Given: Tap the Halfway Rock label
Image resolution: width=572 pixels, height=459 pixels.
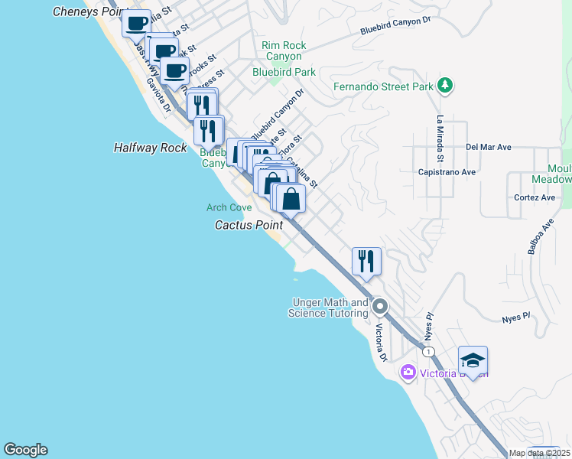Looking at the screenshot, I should pos(150,148).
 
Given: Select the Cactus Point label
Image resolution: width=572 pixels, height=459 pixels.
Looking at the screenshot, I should pos(249,225).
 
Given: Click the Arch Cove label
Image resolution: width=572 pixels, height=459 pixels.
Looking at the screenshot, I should pos(229,207).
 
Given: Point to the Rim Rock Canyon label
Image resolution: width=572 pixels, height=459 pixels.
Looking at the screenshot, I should pos(284,51).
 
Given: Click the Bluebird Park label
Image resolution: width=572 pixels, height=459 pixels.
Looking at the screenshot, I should pos(284,73).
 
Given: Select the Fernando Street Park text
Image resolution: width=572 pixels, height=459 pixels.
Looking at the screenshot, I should pos(383,86).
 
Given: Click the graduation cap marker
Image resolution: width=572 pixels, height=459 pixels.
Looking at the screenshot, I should pos(473,361).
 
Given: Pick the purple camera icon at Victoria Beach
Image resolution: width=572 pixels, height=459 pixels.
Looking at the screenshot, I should pos(408,373).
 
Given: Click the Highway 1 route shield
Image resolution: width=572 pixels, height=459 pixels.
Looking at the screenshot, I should pos(430,351).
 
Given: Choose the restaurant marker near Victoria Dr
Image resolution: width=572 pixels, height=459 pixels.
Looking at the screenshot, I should pos(366,261).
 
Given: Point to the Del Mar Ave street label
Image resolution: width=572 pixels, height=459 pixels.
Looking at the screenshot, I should pos(487,146).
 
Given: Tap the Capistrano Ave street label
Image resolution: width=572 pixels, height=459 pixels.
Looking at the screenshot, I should pos(447,172).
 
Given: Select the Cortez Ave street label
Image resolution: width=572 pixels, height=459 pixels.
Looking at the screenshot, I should pos(535,197).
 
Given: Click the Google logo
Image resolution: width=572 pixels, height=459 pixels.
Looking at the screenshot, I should pos(25,450).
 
